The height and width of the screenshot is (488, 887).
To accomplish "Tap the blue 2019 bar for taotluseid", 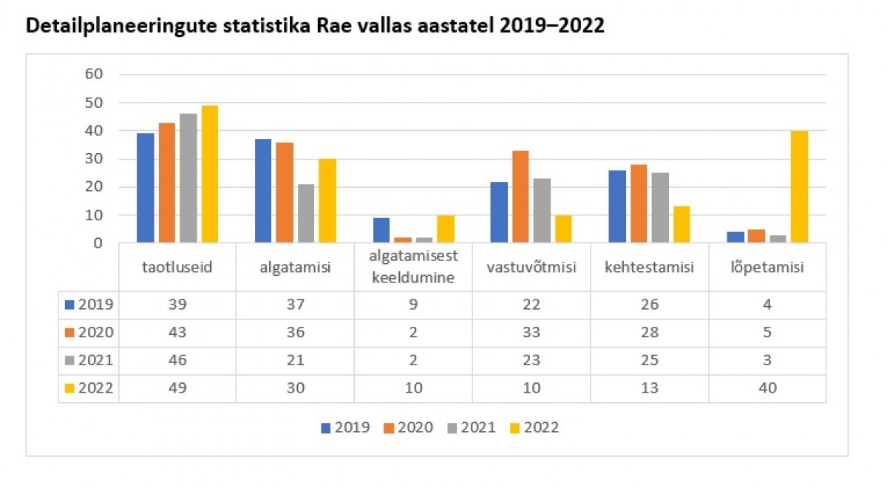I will point(146,188).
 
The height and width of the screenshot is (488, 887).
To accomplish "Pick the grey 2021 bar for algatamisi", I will point(306,213).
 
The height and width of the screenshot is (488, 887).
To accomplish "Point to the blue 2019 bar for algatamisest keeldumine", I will point(381,230).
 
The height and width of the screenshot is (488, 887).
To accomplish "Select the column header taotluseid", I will point(177,267).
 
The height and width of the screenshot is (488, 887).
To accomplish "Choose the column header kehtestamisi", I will point(650,267).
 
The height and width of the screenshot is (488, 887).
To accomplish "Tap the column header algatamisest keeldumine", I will point(413,267).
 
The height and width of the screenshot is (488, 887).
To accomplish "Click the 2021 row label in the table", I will point(89,360).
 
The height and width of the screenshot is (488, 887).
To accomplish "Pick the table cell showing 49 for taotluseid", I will point(177,388).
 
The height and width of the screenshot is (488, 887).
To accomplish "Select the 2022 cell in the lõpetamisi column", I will point(768,388).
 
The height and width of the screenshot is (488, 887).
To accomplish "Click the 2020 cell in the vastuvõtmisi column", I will point(532,332).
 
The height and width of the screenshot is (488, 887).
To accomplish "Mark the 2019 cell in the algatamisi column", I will point(295,304).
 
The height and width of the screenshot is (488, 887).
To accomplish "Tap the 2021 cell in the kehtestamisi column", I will point(650,360).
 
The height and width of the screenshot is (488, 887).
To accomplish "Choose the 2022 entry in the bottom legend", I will point(533,427).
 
